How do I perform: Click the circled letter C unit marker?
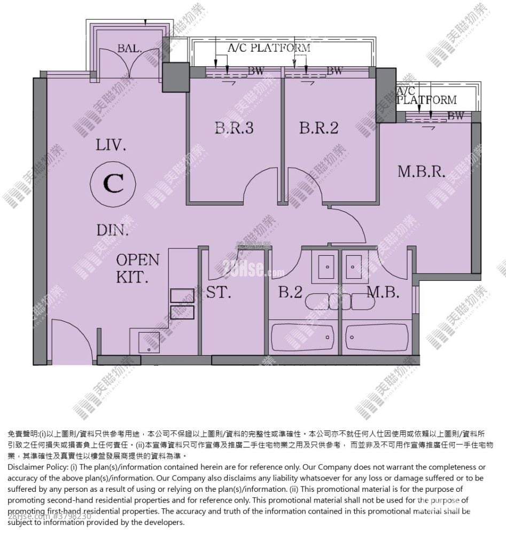click(113, 184)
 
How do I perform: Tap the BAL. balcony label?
click(129, 49)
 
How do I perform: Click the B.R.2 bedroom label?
click(320, 128)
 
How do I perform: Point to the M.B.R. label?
click(422, 171)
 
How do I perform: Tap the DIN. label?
click(113, 231)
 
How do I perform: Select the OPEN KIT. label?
click(137, 268)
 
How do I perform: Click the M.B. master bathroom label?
click(383, 292)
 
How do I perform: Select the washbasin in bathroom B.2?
click(325, 265)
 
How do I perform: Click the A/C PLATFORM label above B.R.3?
click(269, 48)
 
